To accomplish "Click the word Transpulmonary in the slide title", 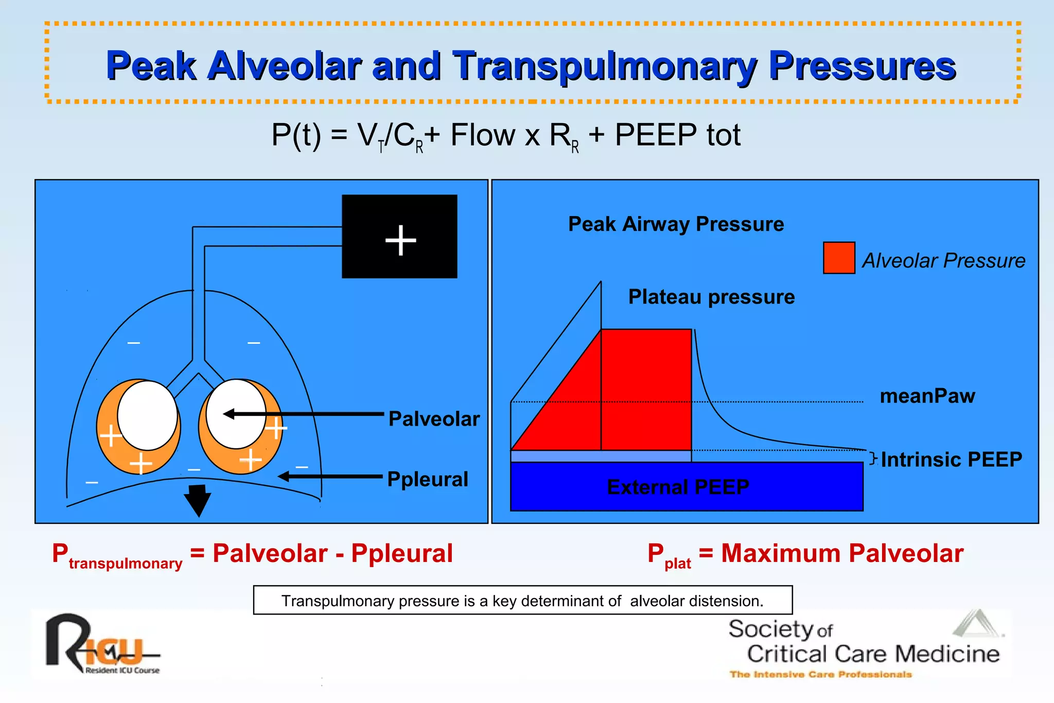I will tap(605, 66).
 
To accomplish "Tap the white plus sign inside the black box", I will tap(400, 240).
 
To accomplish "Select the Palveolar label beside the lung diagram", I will tap(434, 419).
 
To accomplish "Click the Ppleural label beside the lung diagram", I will tap(428, 479).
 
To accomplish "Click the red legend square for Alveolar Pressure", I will tap(839, 258).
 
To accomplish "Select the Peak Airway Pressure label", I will tap(676, 224).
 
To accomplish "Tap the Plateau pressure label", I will tap(711, 297).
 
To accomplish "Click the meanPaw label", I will tap(927, 396).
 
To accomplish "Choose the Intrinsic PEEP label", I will tap(951, 460).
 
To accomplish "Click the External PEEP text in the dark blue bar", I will tap(678, 487).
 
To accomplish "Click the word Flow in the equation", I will tap(483, 135).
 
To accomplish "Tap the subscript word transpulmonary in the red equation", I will tap(126, 564).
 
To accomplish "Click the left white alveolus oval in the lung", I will tap(147, 415).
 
